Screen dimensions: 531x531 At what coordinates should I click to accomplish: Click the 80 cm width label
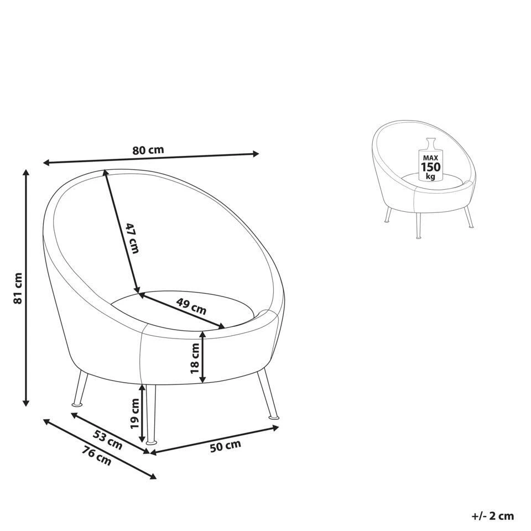148,150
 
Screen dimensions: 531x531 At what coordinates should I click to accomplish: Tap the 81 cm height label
18,288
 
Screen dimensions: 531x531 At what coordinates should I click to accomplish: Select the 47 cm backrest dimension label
132,238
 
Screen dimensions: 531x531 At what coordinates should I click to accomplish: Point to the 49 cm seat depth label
191,306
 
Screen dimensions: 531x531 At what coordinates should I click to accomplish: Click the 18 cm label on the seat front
195,358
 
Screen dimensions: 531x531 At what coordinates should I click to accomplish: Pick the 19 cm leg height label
135,414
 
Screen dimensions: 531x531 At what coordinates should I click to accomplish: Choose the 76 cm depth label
96,456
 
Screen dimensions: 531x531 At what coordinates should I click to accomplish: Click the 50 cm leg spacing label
226,446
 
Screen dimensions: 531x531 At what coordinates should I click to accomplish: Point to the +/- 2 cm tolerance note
493,516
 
